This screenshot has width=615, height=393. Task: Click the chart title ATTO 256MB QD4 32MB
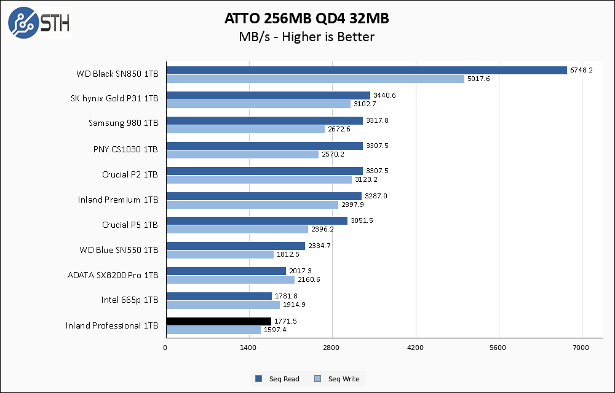tap(306, 19)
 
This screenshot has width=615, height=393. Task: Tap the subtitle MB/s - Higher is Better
tap(306, 37)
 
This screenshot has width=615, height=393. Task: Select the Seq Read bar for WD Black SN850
tap(366, 70)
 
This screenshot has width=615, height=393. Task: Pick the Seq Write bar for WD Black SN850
tap(315, 79)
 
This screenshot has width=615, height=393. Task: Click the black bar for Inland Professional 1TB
tap(218, 321)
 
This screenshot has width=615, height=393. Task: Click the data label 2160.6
tap(309, 280)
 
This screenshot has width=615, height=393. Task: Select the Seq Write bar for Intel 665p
tap(223, 305)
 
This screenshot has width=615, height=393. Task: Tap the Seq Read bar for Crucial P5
tap(256, 220)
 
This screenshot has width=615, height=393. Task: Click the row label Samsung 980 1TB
tap(123, 123)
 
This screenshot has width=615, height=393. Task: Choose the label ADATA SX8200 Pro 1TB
tap(113, 275)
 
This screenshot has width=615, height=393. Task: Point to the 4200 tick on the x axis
tap(415, 348)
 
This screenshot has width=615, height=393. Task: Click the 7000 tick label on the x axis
tap(582, 348)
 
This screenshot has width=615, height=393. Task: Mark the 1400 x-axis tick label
tap(248, 348)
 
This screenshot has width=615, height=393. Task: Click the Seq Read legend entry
tap(278, 379)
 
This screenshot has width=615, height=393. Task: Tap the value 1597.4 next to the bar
tap(276, 330)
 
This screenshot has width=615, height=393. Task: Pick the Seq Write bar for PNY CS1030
tap(242, 154)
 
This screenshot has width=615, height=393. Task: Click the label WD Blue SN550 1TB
tap(119, 250)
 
